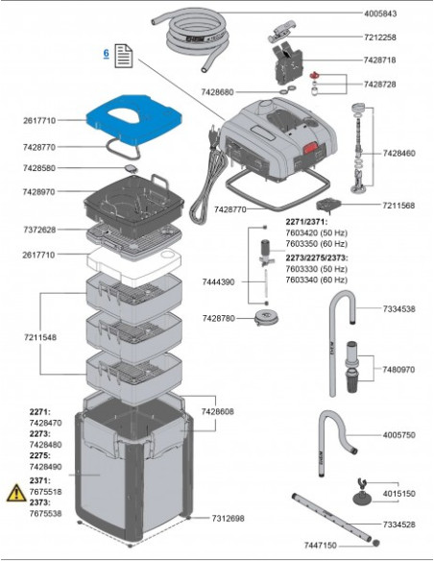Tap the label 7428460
[x=398, y=153]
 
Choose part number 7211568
[x=398, y=205]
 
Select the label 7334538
[x=398, y=308]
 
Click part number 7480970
[x=398, y=369]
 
